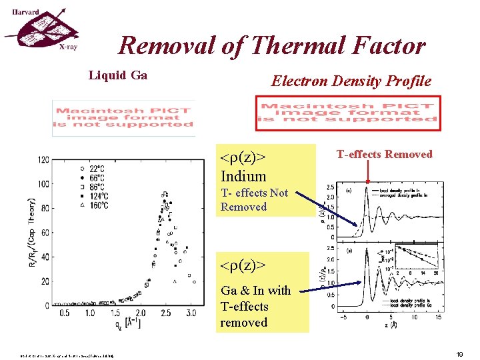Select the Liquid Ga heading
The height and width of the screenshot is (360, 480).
[x=118, y=75]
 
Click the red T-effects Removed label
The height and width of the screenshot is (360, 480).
[x=384, y=155]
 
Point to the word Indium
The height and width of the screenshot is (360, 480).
[x=243, y=177]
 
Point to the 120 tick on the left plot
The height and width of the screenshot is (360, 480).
[x=43, y=160]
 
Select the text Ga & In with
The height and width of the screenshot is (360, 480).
[x=255, y=291]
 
